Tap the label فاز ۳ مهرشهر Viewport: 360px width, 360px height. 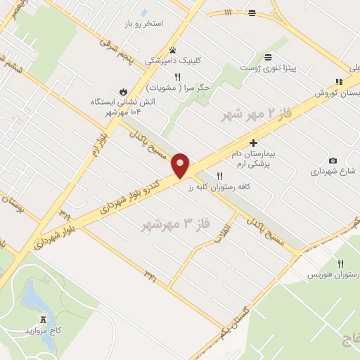pos(176,224)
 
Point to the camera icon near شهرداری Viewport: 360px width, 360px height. pos(333,160)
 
